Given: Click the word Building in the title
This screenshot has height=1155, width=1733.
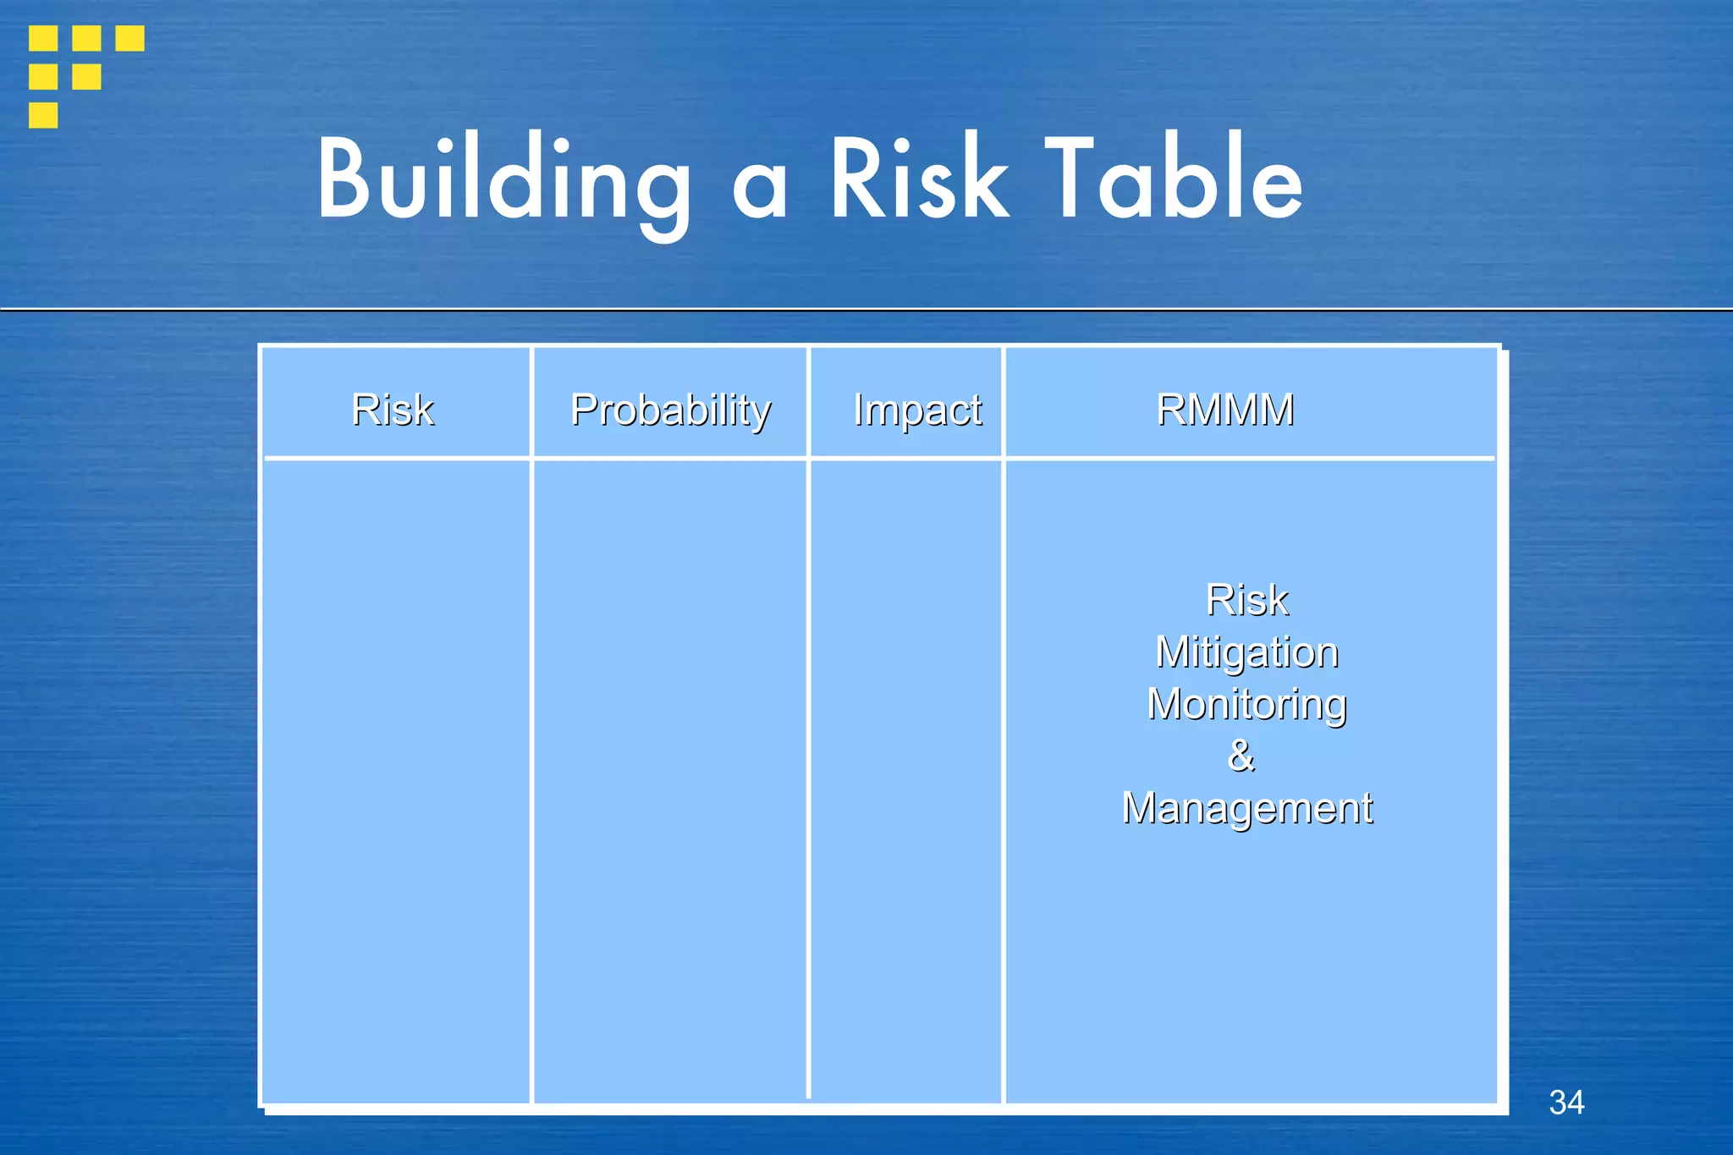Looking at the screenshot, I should pos(504,179).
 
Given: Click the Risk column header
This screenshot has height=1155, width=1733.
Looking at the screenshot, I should pos(393,410).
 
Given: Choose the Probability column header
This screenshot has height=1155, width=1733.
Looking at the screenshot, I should pos(670,410).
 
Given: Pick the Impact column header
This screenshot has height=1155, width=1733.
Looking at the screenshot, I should pos(917,410).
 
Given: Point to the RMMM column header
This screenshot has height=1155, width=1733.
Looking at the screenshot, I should pos(1224,410).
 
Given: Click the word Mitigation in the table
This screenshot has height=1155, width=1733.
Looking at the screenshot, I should pos(1246,652).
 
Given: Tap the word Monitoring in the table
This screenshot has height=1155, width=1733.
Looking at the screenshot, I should pos(1246,705).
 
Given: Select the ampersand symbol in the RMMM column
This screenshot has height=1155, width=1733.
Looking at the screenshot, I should pos(1241,755).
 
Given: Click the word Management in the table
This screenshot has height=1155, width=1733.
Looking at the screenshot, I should pos(1246,807).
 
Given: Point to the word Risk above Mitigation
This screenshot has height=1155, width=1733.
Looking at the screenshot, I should pos(1246,600).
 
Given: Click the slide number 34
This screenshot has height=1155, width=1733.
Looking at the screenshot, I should pos(1566,1102).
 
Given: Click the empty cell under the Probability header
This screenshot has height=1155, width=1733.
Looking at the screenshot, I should pos(670,778).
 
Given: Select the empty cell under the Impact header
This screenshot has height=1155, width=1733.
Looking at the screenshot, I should pos(905,778).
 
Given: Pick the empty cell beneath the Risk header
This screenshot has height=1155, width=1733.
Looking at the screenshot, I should pos(396,778).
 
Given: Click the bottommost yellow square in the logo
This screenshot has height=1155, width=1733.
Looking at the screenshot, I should pos(43,114).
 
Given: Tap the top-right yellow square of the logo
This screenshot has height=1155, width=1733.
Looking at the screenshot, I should pos(129,38).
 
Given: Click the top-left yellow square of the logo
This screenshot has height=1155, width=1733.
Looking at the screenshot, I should pos(43,38).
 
